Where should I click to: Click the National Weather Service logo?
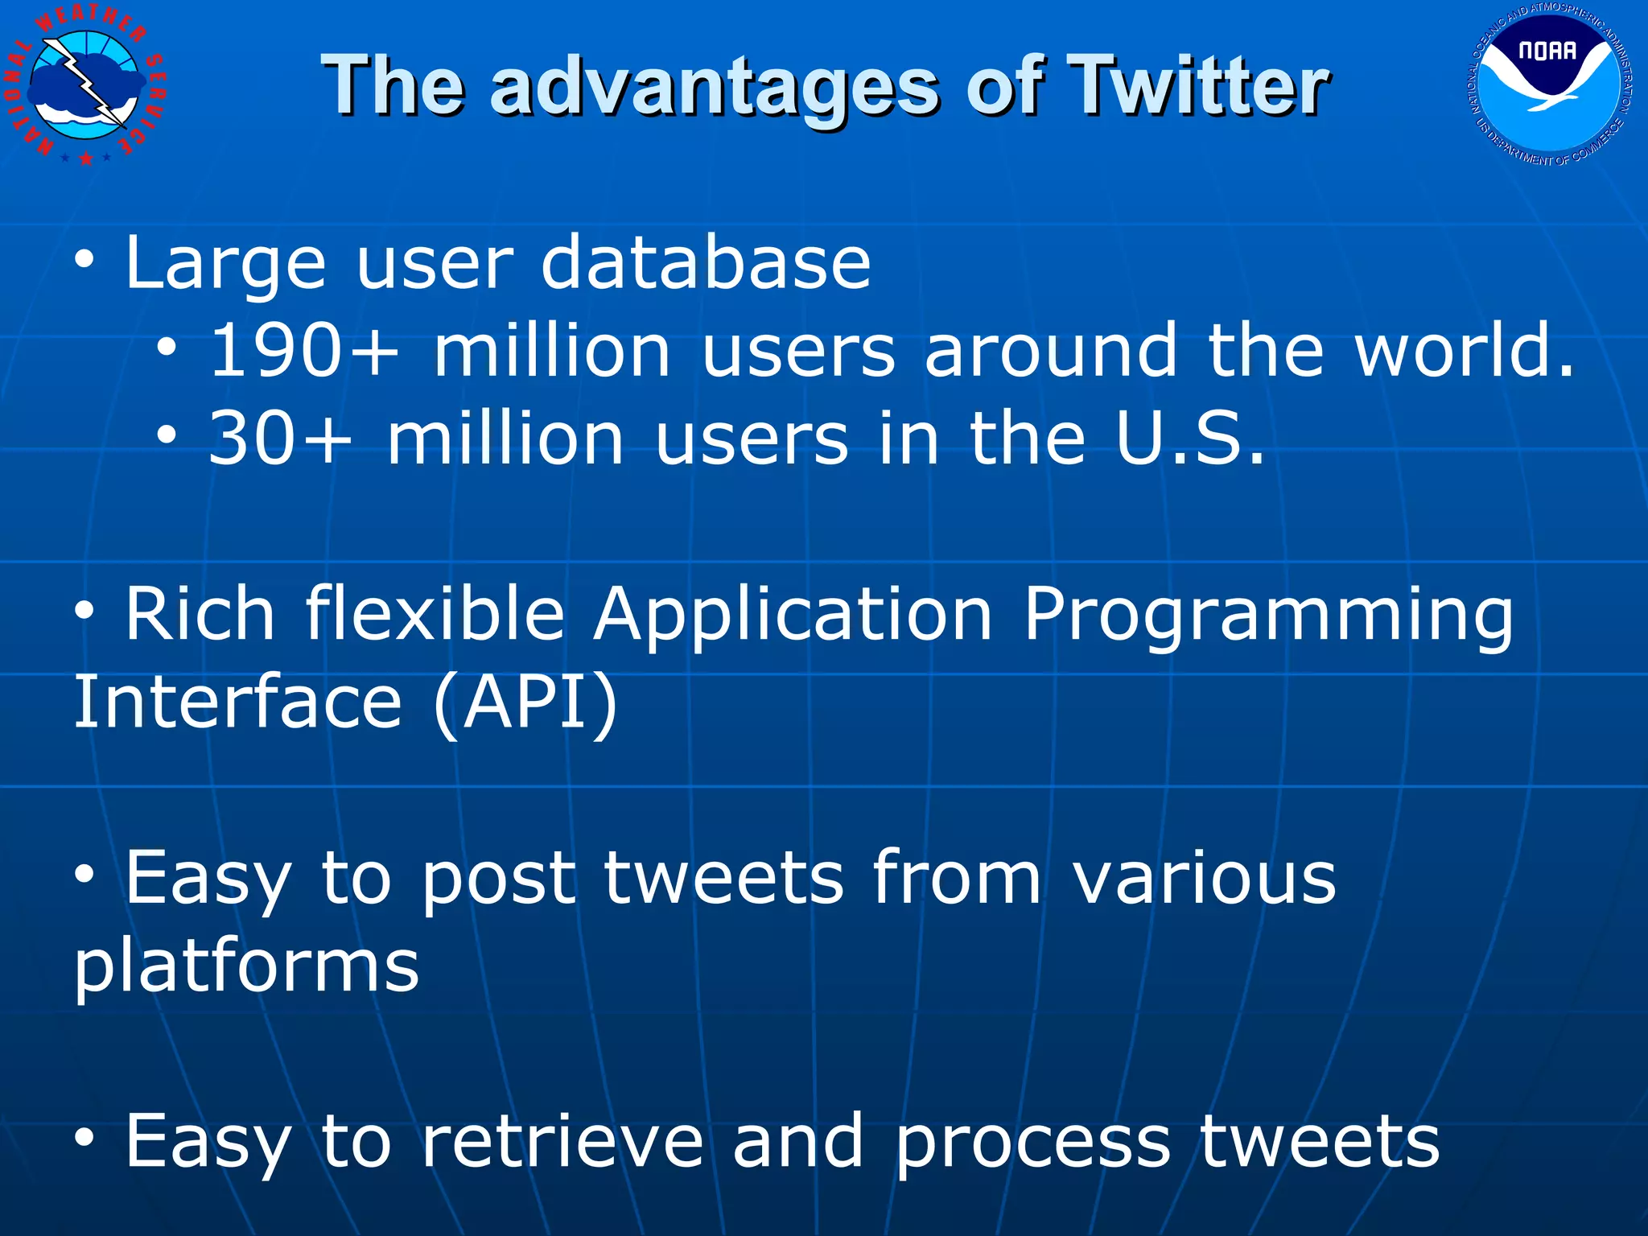[x=86, y=84]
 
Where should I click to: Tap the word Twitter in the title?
[x=1199, y=86]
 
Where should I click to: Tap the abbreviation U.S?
[x=1190, y=439]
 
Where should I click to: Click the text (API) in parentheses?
[x=525, y=702]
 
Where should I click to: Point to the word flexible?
[x=435, y=613]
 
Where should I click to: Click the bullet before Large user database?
[x=85, y=260]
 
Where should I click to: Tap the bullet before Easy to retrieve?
[x=85, y=1139]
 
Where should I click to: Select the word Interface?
[x=237, y=702]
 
